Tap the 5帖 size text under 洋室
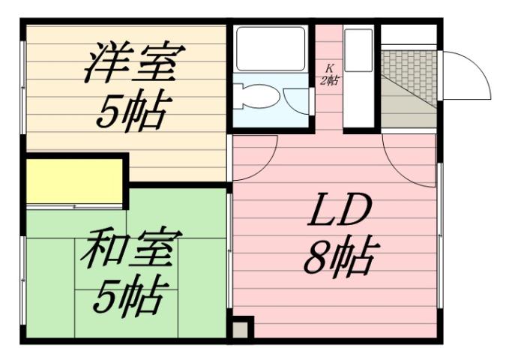point(131,111)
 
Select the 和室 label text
point(130,251)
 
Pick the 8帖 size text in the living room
point(339,257)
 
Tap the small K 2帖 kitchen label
point(328,75)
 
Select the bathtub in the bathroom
point(271,49)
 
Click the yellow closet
point(75,181)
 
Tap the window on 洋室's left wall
point(22,82)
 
